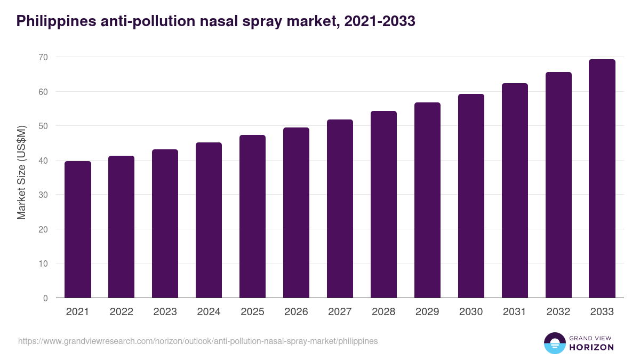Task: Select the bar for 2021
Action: [78, 229]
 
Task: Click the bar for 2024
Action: [209, 220]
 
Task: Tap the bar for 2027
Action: [340, 209]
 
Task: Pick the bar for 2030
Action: [471, 196]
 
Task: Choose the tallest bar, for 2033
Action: [602, 179]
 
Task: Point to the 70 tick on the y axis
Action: [43, 57]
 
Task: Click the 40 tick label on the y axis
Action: [43, 161]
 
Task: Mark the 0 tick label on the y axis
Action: [45, 298]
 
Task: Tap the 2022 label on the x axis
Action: [121, 312]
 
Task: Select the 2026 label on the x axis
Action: [296, 312]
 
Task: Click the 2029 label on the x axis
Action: [427, 312]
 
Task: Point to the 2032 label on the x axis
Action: [558, 312]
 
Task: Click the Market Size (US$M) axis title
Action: [21, 172]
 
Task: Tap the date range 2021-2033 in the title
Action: [380, 21]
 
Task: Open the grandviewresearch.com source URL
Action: [198, 341]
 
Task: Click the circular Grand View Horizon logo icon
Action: [554, 343]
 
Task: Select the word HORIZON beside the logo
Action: [591, 347]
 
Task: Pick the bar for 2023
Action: [165, 223]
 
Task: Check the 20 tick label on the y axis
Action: [43, 229]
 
